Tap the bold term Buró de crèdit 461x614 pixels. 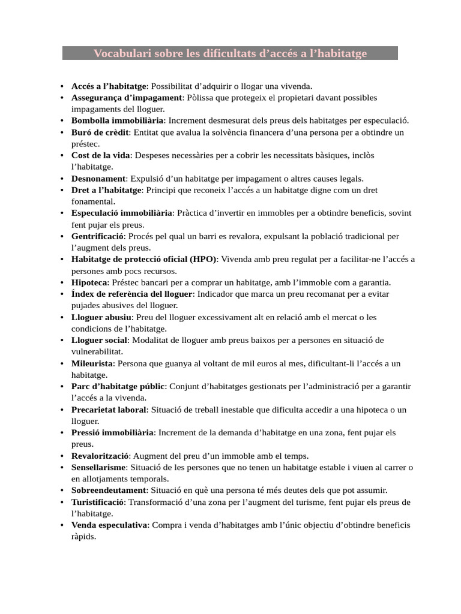click(x=100, y=132)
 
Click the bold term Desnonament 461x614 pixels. click(x=98, y=179)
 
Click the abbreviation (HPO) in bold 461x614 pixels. click(x=203, y=259)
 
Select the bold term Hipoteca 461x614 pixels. click(x=89, y=282)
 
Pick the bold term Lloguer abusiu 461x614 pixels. click(x=101, y=317)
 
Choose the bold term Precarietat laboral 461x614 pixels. click(x=109, y=410)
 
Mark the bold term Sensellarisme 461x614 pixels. click(x=99, y=467)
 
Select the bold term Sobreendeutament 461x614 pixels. click(x=108, y=490)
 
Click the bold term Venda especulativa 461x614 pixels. click(x=109, y=525)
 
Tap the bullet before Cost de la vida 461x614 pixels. click(x=62, y=155)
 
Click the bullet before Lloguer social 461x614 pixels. click(x=62, y=341)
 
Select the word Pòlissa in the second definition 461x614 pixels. click(x=200, y=97)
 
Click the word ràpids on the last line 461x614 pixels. click(x=83, y=537)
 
